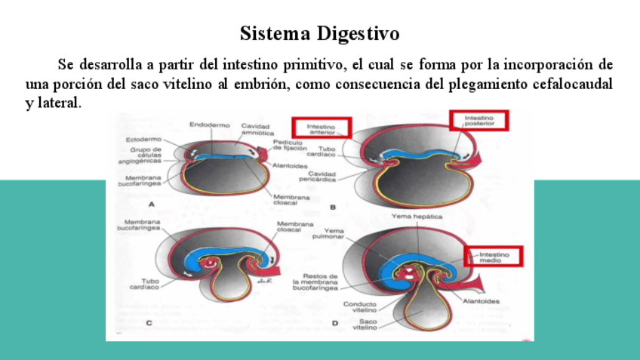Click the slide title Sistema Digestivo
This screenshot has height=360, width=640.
pyautogui.click(x=319, y=34)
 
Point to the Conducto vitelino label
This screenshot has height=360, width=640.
pyautogui.click(x=360, y=308)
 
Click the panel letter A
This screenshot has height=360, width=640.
pyautogui.click(x=152, y=205)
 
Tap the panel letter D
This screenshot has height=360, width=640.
pyautogui.click(x=335, y=323)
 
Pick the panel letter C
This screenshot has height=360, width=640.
pyautogui.click(x=149, y=323)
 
